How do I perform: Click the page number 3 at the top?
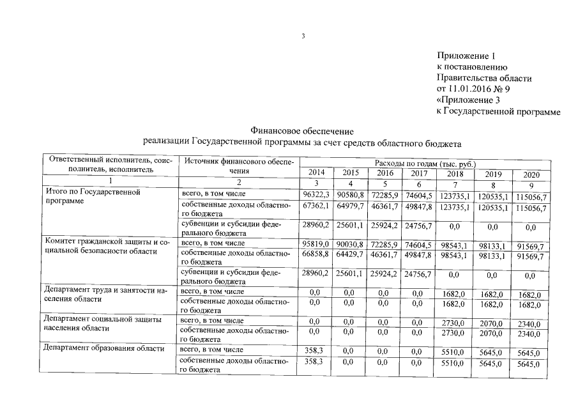coord(304,36)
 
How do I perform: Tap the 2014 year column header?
coord(316,173)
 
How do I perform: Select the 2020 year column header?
coord(532,174)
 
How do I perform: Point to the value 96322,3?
coord(317,194)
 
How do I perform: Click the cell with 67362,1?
coord(317,206)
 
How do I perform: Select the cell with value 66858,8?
coord(317,255)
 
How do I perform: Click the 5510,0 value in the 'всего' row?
coord(457,352)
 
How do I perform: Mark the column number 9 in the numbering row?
coord(532,185)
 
